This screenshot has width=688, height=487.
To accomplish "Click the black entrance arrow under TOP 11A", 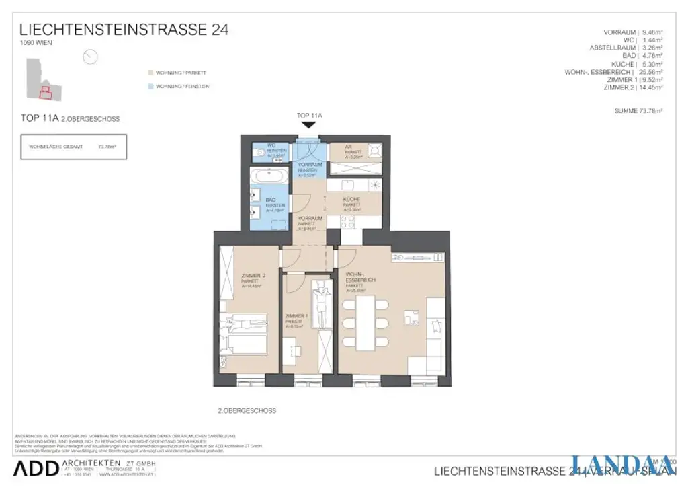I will pyautogui.click(x=308, y=124).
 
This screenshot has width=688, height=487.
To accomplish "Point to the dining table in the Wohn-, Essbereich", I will pyautogui.click(x=364, y=323).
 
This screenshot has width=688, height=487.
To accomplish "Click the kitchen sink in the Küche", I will pyautogui.click(x=348, y=184).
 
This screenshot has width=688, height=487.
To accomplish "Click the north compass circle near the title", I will pyautogui.click(x=90, y=57).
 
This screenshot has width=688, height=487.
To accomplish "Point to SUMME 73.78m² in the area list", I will pyautogui.click(x=638, y=110).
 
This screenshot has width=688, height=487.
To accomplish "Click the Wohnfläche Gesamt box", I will pyautogui.click(x=73, y=146).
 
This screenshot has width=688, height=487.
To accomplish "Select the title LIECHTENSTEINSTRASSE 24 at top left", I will pyautogui.click(x=124, y=30).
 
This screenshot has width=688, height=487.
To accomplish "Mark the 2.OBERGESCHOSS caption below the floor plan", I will pyautogui.click(x=247, y=410).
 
